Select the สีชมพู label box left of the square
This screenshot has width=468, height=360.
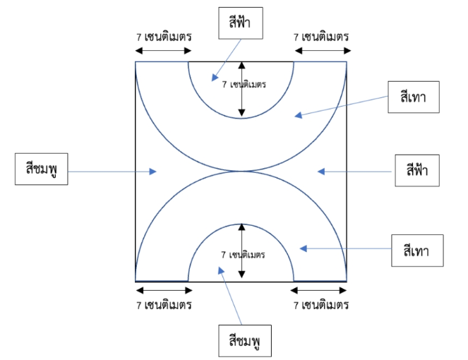click(x=42, y=171)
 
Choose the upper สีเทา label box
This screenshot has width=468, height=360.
click(x=414, y=97)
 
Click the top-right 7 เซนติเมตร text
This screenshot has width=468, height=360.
click(x=322, y=37)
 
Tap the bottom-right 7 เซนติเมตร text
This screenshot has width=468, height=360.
click(x=322, y=306)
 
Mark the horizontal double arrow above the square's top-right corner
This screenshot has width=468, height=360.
click(x=321, y=52)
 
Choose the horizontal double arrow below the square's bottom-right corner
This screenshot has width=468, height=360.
click(x=320, y=289)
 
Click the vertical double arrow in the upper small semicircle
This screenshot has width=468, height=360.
click(x=242, y=89)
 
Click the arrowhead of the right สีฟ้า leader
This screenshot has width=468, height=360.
click(x=321, y=171)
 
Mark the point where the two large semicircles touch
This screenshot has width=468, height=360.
click(x=241, y=171)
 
